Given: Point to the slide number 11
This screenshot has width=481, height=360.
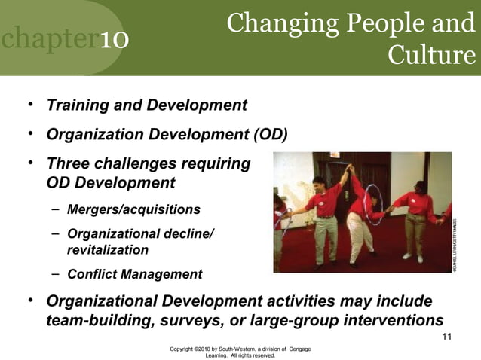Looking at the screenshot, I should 447,337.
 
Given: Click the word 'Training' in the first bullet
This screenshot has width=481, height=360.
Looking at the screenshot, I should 76,105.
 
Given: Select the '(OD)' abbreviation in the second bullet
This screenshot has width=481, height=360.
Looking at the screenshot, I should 269,135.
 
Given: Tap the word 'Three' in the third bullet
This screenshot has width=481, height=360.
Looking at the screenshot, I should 69,163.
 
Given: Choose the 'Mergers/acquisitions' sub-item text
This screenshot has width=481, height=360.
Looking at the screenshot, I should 133,209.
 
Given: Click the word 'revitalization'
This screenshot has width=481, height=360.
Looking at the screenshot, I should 108,250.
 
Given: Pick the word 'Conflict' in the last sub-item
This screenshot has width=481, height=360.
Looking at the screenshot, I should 93,274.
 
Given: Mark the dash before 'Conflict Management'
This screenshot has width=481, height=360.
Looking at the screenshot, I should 56,273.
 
